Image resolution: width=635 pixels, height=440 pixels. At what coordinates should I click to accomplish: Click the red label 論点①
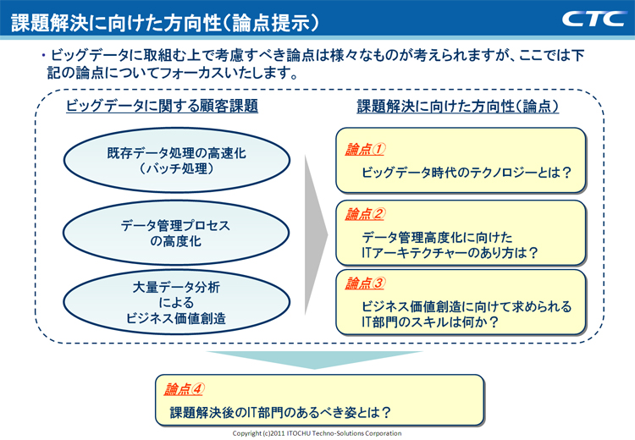point(365,150)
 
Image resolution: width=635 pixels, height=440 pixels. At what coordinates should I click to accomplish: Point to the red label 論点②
point(365,214)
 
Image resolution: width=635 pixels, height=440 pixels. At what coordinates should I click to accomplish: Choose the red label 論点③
point(365,283)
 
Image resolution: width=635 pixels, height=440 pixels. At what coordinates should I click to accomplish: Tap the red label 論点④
point(185,389)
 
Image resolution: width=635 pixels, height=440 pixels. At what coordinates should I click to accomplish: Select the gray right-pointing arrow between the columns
point(314,231)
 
